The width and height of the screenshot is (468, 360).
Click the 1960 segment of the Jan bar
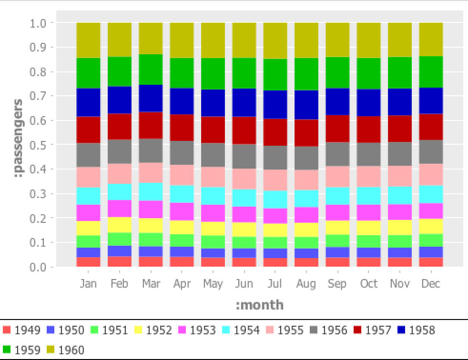click(88, 40)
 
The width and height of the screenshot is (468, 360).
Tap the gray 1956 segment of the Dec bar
click(431, 151)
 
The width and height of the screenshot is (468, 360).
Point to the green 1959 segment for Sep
click(337, 72)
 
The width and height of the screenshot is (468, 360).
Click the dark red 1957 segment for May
click(213, 130)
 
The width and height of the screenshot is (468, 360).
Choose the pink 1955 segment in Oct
click(369, 176)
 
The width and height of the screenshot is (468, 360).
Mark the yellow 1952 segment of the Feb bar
click(119, 225)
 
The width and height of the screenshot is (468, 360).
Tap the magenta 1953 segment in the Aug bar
click(306, 215)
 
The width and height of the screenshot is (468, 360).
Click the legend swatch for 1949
click(7, 330)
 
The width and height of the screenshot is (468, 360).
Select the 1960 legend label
click(71, 350)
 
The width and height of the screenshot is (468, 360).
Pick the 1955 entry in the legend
click(290, 330)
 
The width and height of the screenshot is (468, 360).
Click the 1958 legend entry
click(422, 330)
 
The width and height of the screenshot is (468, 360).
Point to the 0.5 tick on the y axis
click(41, 144)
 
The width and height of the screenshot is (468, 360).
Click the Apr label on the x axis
click(182, 284)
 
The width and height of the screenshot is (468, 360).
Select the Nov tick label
click(399, 284)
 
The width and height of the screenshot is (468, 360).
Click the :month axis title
click(259, 305)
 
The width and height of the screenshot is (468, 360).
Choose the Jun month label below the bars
click(244, 284)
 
